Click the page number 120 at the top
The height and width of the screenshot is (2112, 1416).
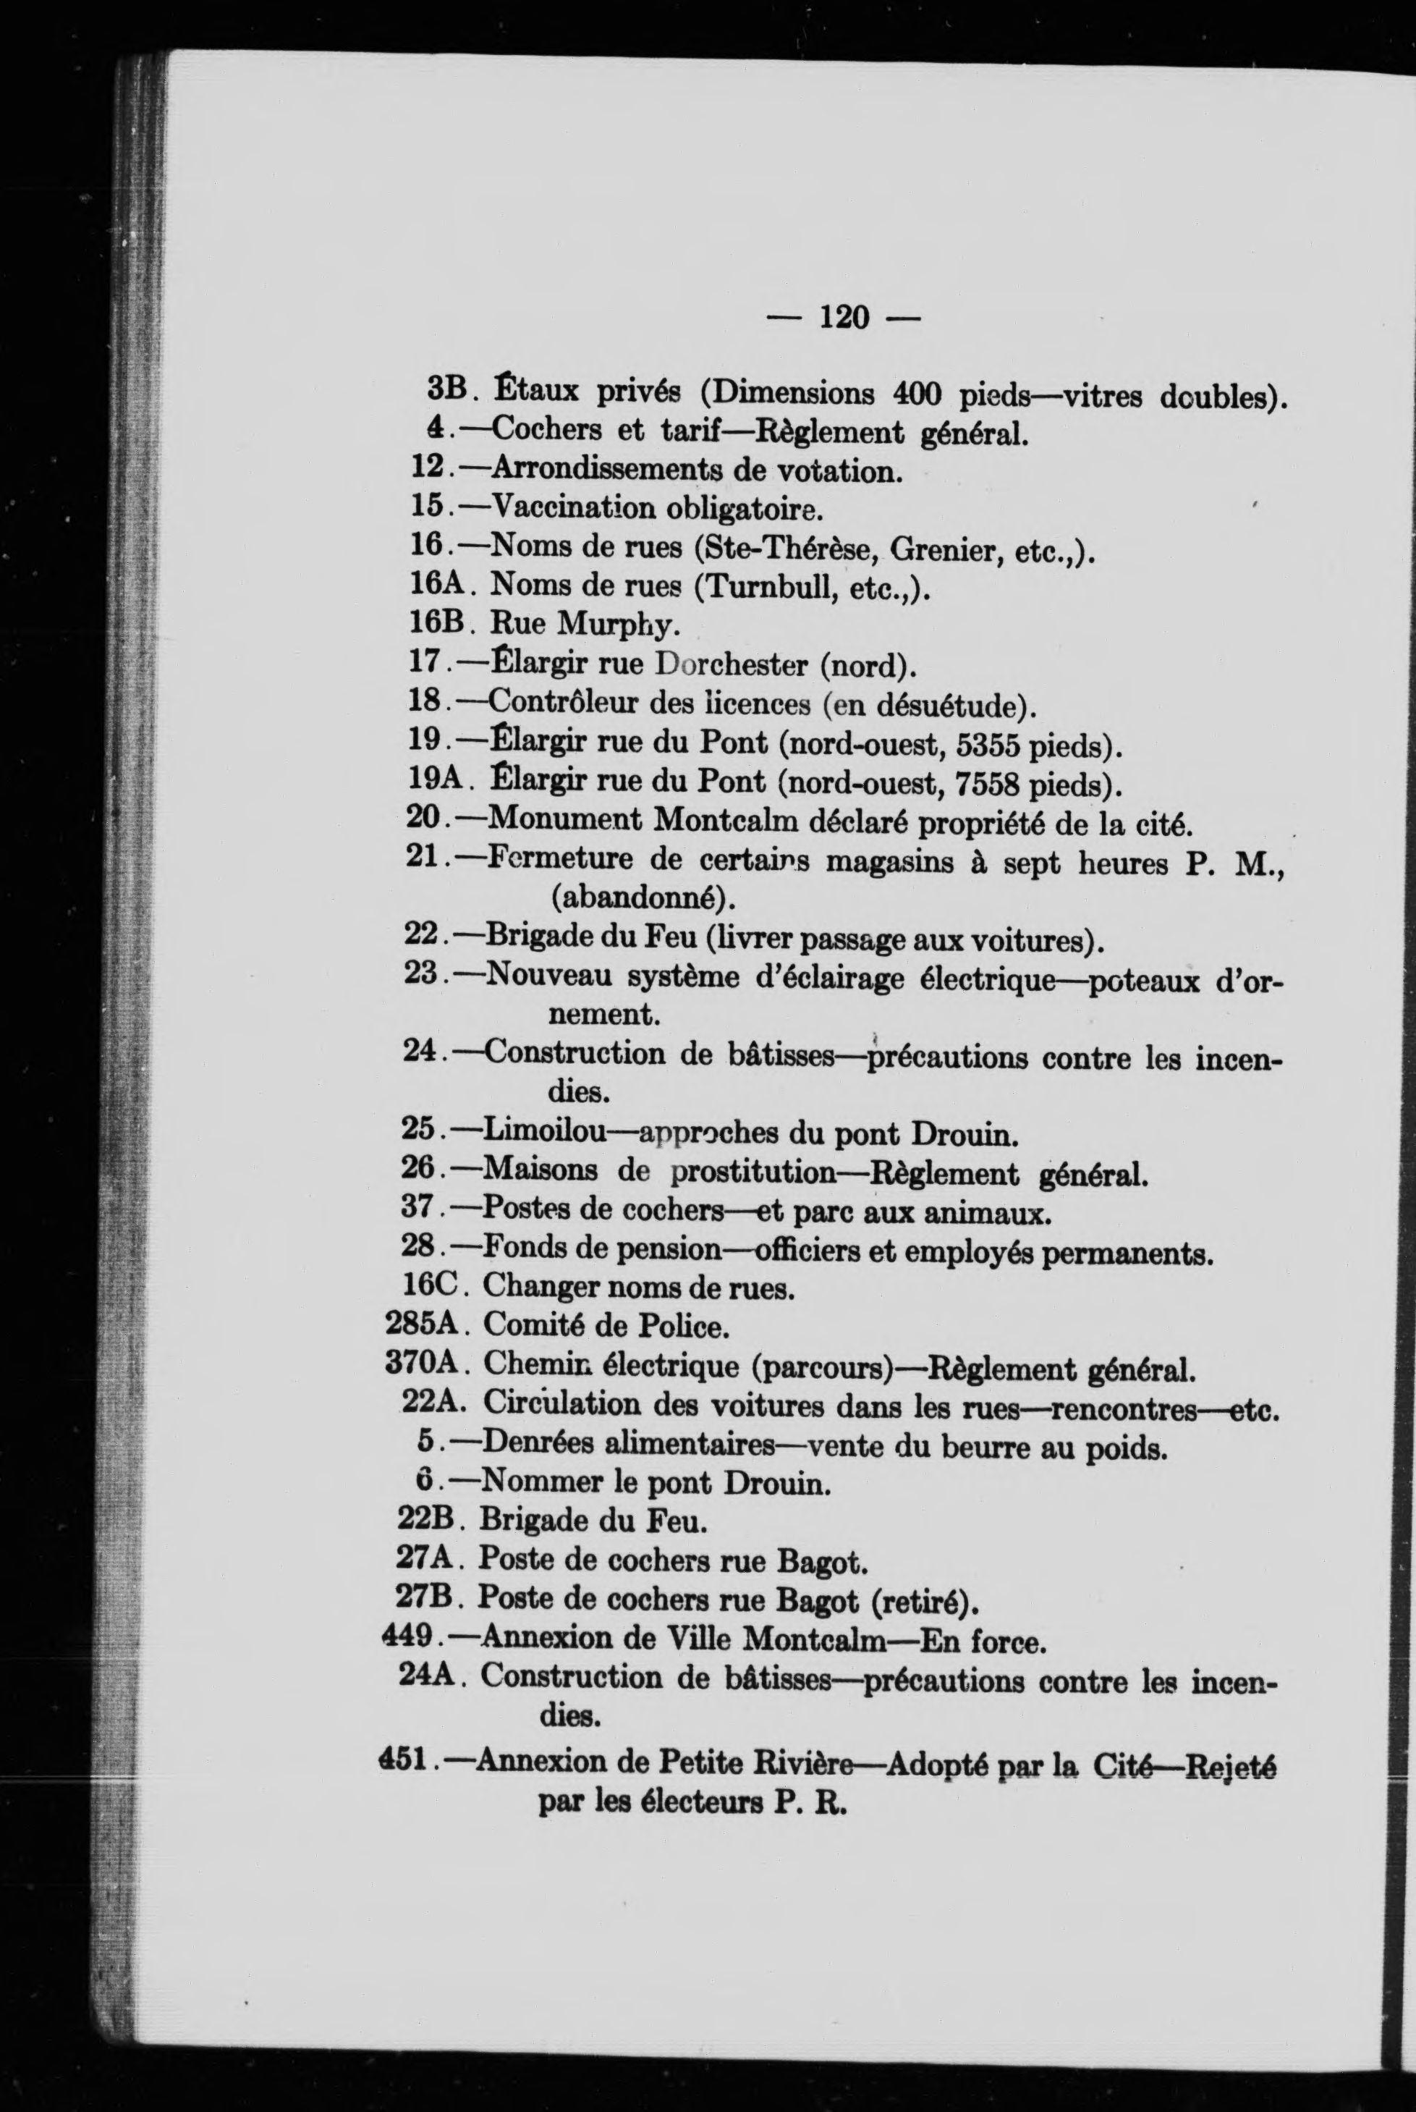tap(844, 317)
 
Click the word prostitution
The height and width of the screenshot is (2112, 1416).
tap(754, 1172)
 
